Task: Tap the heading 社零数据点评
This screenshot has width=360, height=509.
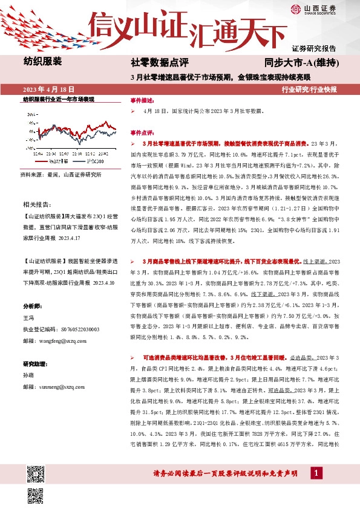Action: click(x=160, y=62)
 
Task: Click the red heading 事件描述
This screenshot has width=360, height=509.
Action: click(x=143, y=100)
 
